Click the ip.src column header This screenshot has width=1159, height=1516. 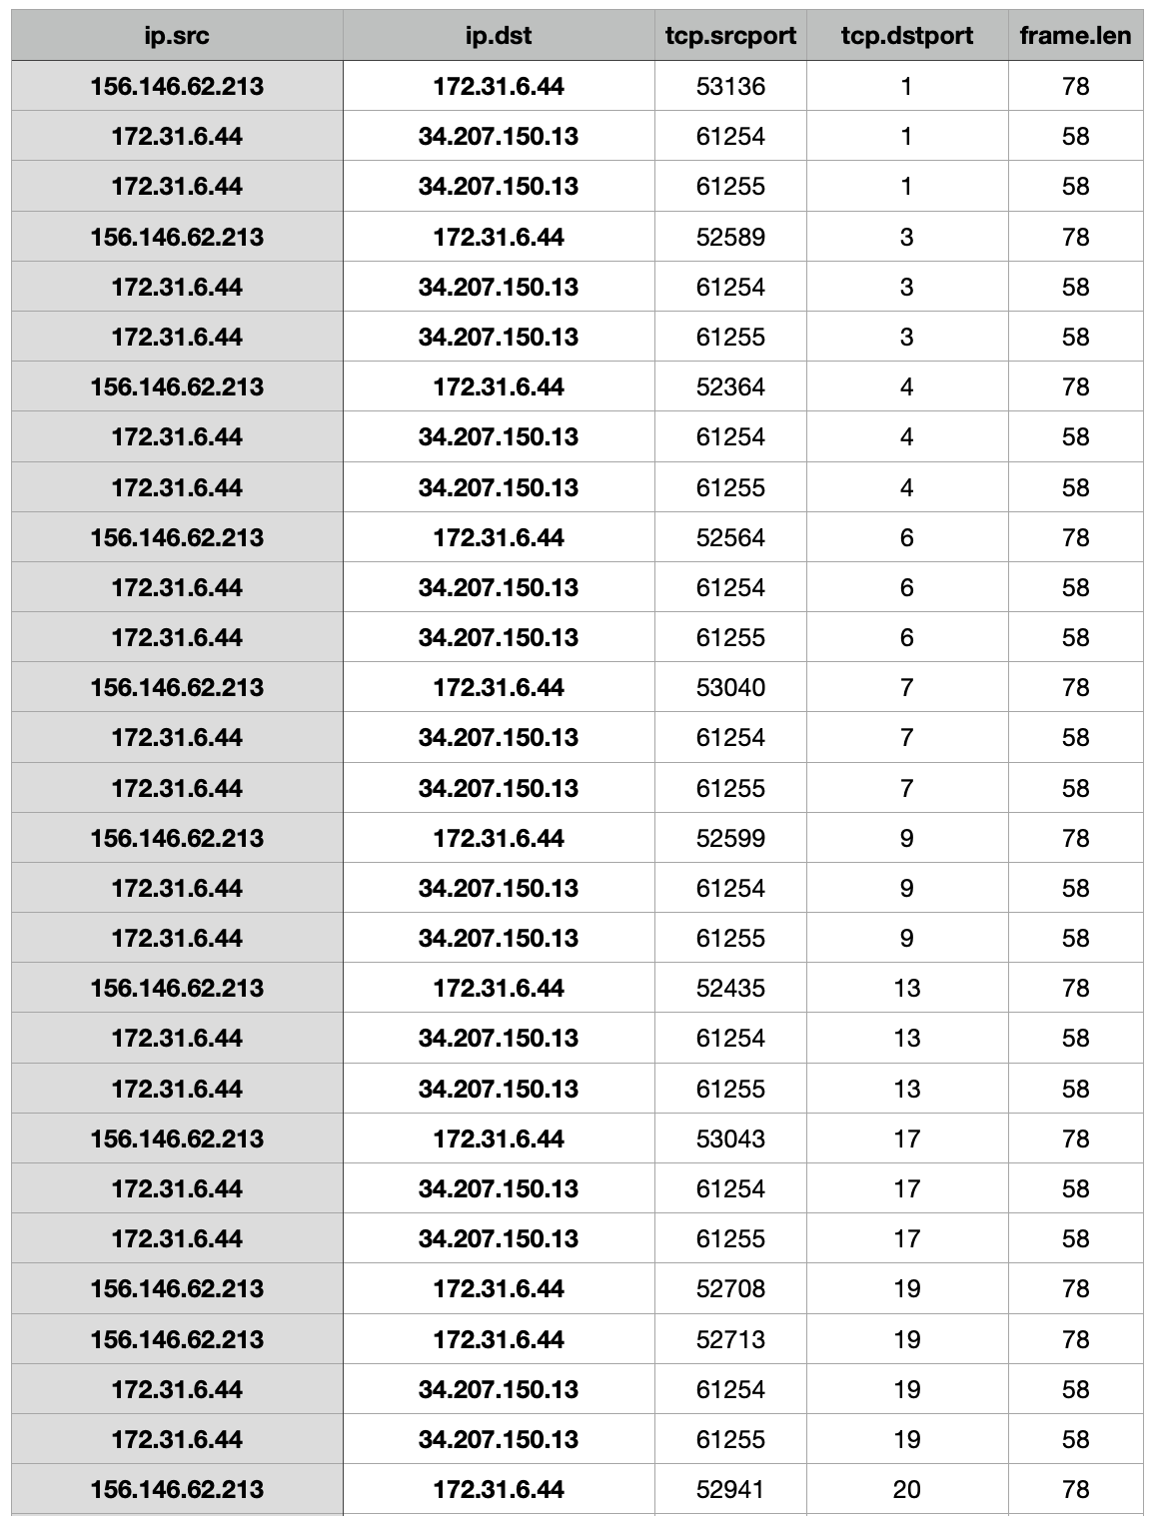point(177,37)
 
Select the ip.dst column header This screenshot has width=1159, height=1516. point(499,37)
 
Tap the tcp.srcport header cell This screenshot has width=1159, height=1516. point(730,37)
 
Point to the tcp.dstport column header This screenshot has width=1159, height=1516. point(906,37)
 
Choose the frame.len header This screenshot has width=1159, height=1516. point(1075,37)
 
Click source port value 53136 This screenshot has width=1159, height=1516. point(730,87)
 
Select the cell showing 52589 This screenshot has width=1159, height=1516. point(730,238)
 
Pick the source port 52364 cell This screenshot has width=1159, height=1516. point(730,387)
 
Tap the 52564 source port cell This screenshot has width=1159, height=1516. point(730,538)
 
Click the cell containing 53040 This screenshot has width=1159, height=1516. point(730,688)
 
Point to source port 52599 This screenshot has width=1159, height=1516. point(730,839)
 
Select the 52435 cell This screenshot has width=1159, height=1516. point(730,989)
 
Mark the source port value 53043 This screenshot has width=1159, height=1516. point(730,1139)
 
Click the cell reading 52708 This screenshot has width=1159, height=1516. point(730,1289)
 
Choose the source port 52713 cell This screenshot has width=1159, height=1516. point(730,1340)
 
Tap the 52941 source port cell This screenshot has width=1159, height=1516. point(730,1490)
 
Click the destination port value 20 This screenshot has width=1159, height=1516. point(906,1490)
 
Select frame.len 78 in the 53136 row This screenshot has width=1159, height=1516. point(1075,87)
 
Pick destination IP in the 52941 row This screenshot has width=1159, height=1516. point(499,1490)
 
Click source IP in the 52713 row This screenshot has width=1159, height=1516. point(177,1340)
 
